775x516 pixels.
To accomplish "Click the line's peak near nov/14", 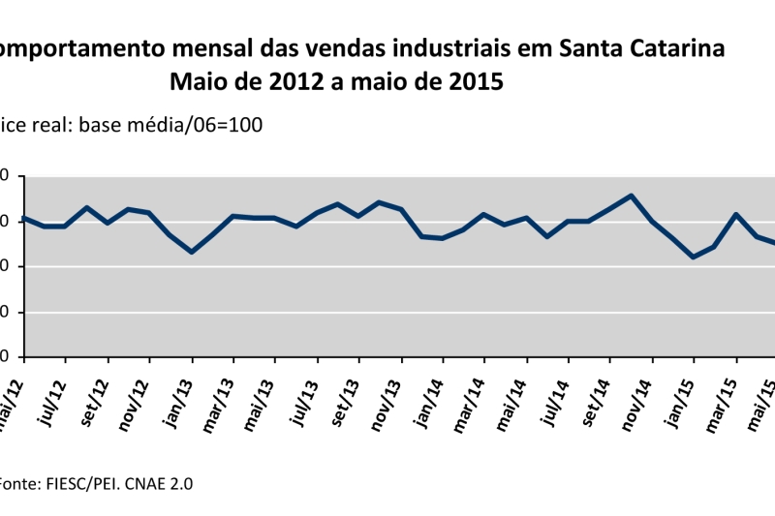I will pos(632,196).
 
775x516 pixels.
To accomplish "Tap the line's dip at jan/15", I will pos(694,257).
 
